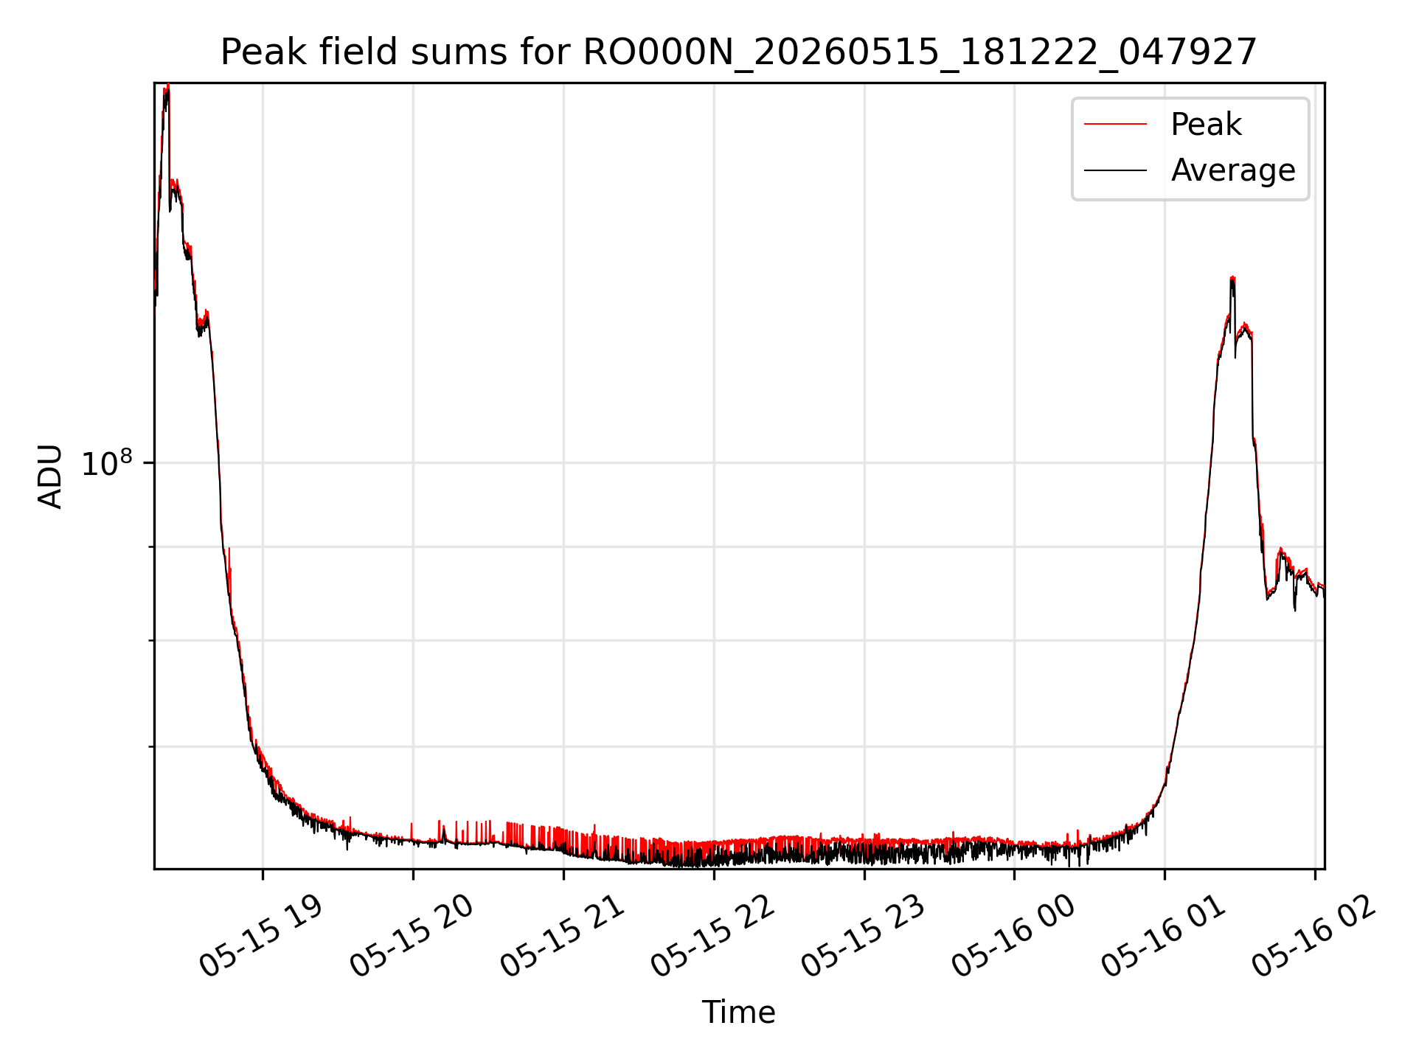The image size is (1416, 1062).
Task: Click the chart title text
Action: click(x=738, y=52)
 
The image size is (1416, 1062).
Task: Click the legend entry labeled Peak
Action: click(x=1206, y=125)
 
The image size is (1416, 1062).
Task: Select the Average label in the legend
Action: click(x=1233, y=170)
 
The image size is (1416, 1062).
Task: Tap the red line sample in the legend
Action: click(x=1115, y=125)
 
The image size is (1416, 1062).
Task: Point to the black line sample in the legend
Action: click(x=1115, y=170)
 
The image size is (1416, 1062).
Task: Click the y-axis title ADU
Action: click(x=50, y=476)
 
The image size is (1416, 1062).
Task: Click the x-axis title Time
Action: click(x=738, y=1012)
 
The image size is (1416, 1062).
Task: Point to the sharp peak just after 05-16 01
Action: click(x=1232, y=279)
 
